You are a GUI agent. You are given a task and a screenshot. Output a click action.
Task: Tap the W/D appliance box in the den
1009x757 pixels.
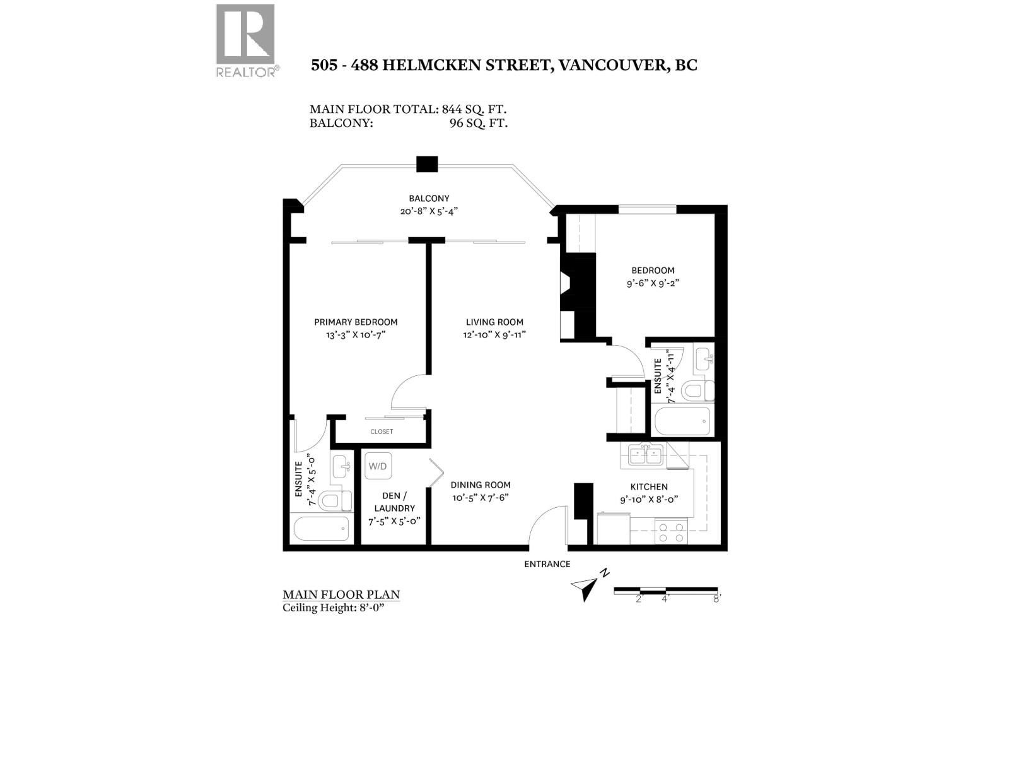point(378,466)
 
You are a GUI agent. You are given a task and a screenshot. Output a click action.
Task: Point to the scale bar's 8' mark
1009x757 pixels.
point(716,599)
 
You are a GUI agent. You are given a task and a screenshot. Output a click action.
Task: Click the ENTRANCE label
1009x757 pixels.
point(547,564)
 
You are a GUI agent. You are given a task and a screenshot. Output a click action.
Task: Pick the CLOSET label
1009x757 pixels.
point(382,431)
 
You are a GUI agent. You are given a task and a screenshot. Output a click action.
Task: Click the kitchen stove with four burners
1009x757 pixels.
point(671,532)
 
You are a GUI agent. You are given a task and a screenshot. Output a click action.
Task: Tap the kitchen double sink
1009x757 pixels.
point(644,454)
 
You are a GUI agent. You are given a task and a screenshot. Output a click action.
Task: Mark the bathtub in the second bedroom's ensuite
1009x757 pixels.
point(682,421)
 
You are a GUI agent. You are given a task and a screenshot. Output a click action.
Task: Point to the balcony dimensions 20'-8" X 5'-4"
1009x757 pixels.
point(428,211)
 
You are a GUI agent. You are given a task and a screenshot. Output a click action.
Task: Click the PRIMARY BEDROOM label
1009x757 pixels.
point(356,322)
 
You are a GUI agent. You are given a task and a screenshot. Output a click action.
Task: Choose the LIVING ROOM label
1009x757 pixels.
point(494,322)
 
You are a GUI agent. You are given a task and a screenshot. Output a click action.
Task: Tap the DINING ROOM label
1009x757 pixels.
point(480,485)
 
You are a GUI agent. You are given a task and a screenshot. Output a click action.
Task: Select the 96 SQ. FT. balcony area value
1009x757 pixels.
point(479,123)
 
